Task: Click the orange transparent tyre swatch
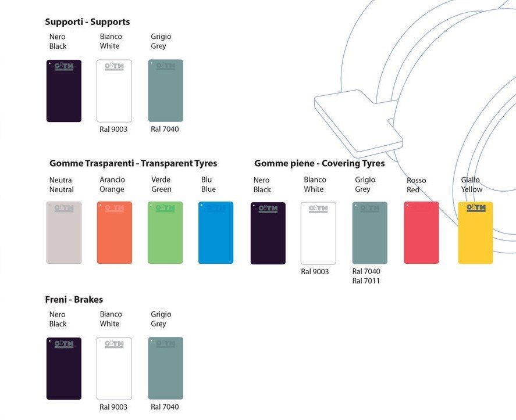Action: [115, 232]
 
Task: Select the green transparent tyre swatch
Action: [165, 232]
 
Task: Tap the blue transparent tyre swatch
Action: [216, 232]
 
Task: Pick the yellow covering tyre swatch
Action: [475, 233]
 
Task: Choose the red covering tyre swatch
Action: [421, 233]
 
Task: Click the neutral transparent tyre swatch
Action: [64, 232]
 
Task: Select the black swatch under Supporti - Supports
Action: [64, 91]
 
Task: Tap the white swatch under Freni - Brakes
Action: [114, 368]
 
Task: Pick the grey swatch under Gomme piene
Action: [369, 233]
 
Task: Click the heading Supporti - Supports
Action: [87, 22]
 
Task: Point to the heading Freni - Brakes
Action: [74, 300]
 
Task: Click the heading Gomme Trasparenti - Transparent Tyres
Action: [133, 163]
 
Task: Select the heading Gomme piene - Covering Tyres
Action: [319, 163]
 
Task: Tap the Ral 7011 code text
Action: [366, 281]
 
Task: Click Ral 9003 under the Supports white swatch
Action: [113, 129]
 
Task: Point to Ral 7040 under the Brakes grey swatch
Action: [165, 407]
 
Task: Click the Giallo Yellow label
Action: [471, 185]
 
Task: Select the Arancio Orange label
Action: [112, 185]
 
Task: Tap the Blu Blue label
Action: [208, 185]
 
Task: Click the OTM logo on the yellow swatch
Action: [475, 209]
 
